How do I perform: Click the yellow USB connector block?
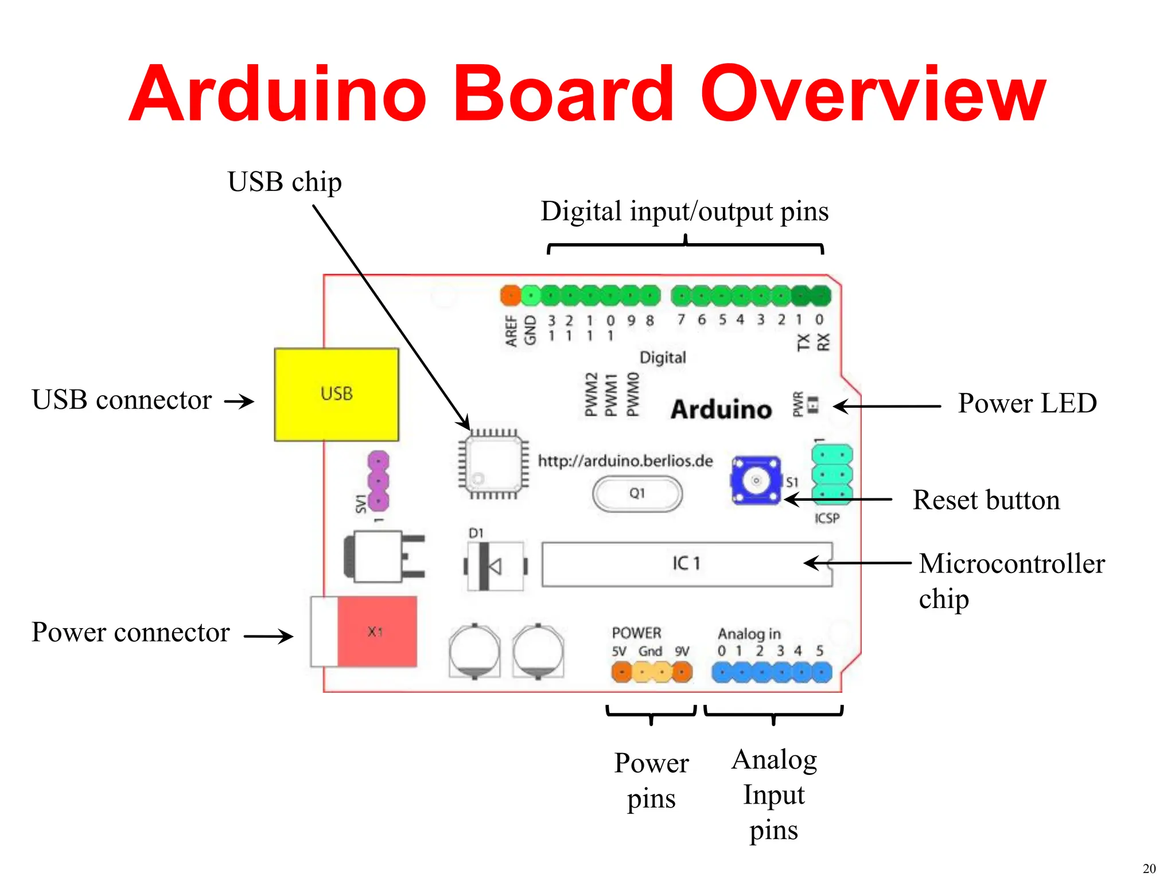coord(336,395)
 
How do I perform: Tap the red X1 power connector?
coord(376,631)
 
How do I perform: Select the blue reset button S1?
coord(756,480)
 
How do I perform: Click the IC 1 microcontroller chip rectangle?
coord(686,564)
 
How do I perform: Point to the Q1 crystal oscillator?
coord(637,494)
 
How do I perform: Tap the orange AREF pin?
coord(510,296)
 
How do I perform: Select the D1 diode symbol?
coord(495,566)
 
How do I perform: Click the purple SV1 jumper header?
coord(378,481)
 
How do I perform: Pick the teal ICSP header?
coord(832,474)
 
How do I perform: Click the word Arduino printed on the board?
coord(721,410)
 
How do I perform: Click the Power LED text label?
coord(1027,403)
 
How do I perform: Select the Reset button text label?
coord(986,500)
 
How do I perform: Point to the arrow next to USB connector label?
coord(239,401)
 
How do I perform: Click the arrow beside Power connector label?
coord(268,636)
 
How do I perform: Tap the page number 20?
coord(1149,868)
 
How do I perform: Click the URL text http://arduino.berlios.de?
coord(625,461)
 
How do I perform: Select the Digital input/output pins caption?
coord(684,212)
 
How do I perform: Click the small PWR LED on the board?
coord(812,406)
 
